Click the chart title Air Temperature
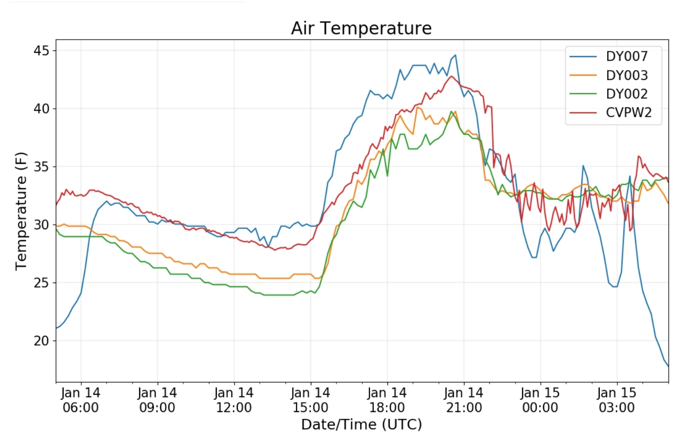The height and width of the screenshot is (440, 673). tap(361, 28)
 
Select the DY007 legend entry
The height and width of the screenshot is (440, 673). tap(626, 57)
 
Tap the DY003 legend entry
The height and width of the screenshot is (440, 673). tap(626, 75)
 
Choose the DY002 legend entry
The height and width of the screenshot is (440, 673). tap(626, 94)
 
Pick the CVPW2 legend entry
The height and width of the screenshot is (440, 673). tap(628, 113)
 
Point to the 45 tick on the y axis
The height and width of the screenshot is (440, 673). tap(41, 50)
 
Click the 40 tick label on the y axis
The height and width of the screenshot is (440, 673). tap(41, 109)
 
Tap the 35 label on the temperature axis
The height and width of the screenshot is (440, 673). tap(41, 167)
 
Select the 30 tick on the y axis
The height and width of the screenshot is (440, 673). tap(41, 225)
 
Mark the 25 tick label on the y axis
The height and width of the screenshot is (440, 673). tap(41, 283)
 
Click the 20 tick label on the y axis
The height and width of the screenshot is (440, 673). tap(41, 341)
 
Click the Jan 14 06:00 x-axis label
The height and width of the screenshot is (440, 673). tap(80, 400)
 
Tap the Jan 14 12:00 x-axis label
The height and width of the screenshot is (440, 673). tap(234, 400)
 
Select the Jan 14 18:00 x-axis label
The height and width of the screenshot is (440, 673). tap(387, 400)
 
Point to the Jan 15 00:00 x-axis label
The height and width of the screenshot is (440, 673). tap(540, 400)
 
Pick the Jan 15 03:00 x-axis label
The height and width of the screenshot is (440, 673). tap(616, 400)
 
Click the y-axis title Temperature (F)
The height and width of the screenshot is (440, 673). tap(21, 211)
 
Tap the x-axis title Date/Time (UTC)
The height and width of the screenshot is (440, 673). tap(361, 425)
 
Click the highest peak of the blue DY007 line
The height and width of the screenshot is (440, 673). tap(455, 55)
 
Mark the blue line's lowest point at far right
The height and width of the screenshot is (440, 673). tap(668, 365)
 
